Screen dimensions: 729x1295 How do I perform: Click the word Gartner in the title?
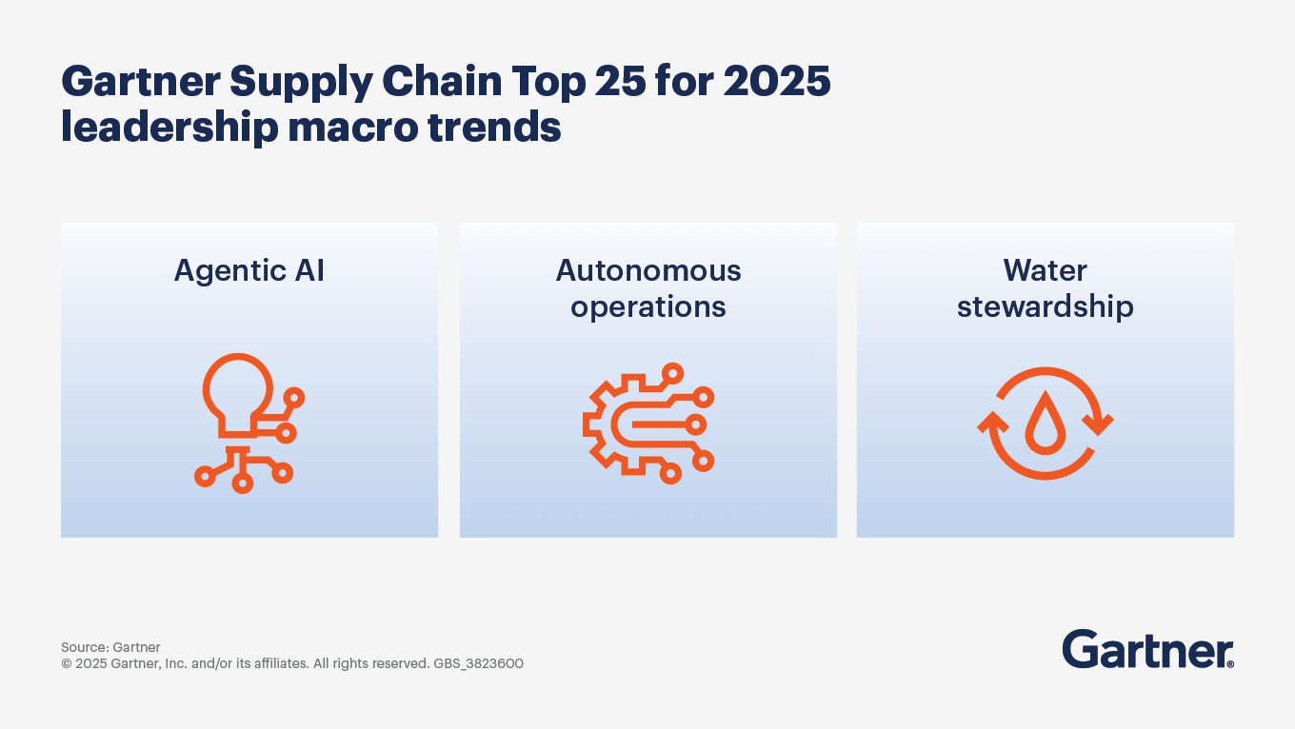tap(139, 83)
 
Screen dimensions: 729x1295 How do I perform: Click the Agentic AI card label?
tap(249, 271)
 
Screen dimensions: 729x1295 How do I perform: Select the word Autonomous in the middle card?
tap(648, 271)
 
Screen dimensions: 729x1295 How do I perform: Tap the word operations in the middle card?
tap(648, 307)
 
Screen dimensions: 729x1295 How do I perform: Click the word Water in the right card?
tap(1045, 271)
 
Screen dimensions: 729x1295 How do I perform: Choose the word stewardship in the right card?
tap(1045, 307)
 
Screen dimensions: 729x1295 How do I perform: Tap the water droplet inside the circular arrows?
tap(1045, 424)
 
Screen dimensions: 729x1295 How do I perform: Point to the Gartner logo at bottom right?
tap(1147, 649)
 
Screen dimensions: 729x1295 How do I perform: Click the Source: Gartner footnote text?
tap(110, 647)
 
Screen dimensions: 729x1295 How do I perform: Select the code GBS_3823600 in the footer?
tap(478, 663)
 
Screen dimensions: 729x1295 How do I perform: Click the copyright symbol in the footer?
tap(67, 663)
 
